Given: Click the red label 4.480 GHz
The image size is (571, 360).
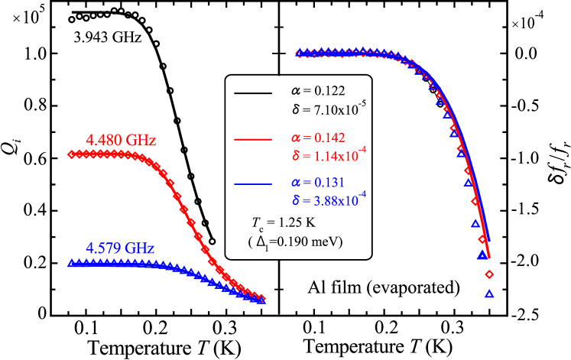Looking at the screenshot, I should pyautogui.click(x=121, y=141).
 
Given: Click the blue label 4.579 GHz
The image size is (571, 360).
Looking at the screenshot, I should pyautogui.click(x=120, y=248).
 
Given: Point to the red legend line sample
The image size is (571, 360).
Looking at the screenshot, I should pyautogui.click(x=252, y=140).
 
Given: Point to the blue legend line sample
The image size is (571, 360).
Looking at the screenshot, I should pyautogui.click(x=252, y=184).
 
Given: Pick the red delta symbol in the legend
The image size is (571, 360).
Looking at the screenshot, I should pyautogui.click(x=295, y=157).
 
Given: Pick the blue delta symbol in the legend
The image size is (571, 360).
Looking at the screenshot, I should pyautogui.click(x=295, y=200).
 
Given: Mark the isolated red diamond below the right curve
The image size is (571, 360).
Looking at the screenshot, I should pyautogui.click(x=489, y=274).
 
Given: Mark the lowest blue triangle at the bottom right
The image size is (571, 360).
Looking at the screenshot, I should pyautogui.click(x=489, y=293).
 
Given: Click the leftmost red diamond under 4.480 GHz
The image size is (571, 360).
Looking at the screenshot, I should pyautogui.click(x=71, y=154).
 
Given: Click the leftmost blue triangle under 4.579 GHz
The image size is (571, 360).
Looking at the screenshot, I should pyautogui.click(x=71, y=262).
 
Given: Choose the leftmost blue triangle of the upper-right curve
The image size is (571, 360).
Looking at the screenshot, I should pyautogui.click(x=300, y=52).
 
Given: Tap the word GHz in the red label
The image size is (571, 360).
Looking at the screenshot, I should pyautogui.click(x=141, y=141).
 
